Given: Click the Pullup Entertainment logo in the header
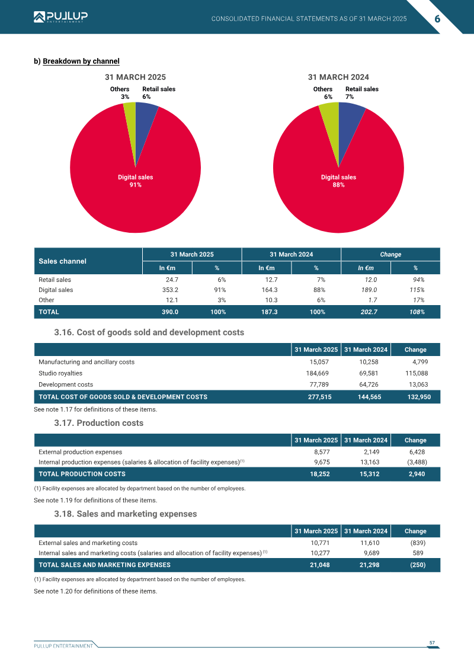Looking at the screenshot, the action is (60, 17).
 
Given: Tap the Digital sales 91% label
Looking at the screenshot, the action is (136, 181).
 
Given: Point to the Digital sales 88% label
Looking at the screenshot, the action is (338, 181).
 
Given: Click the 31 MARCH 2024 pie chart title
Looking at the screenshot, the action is (338, 78).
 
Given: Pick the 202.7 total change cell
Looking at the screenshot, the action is (369, 312).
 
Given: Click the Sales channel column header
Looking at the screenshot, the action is (62, 261).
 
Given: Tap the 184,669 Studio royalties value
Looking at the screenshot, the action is (318, 373).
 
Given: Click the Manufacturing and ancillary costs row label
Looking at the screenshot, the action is (87, 362).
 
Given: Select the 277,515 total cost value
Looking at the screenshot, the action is (320, 397).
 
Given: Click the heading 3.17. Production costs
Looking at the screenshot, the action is (99, 423).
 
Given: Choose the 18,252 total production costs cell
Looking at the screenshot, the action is (320, 474).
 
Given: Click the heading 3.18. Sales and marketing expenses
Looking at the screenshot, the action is (125, 514).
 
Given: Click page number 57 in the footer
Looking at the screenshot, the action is (432, 643).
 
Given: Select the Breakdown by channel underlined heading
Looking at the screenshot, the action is (81, 61).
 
